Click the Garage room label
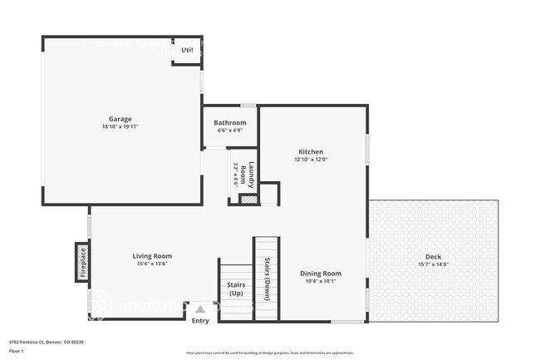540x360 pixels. pos(120,119)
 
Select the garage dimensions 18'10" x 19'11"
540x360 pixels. pos(120,128)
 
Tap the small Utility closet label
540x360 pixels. pos(187,51)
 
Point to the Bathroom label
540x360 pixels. pos(230,123)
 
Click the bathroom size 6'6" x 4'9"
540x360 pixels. pos(230,131)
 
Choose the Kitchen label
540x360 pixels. pos(311,151)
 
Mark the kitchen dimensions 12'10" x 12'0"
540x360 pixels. pos(311,160)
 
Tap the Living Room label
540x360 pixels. pos(152,256)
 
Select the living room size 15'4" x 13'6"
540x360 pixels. pos(152,264)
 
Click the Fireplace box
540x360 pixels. pos(82,263)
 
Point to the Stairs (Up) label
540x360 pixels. pos(236,289)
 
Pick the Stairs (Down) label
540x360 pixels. pos(267,279)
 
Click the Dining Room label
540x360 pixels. pos(321,274)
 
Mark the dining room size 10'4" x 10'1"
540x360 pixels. pos(321,282)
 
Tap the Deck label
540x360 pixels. pos(434,257)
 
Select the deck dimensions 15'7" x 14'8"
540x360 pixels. pos(434,265)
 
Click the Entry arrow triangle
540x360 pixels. pos(199,309)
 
